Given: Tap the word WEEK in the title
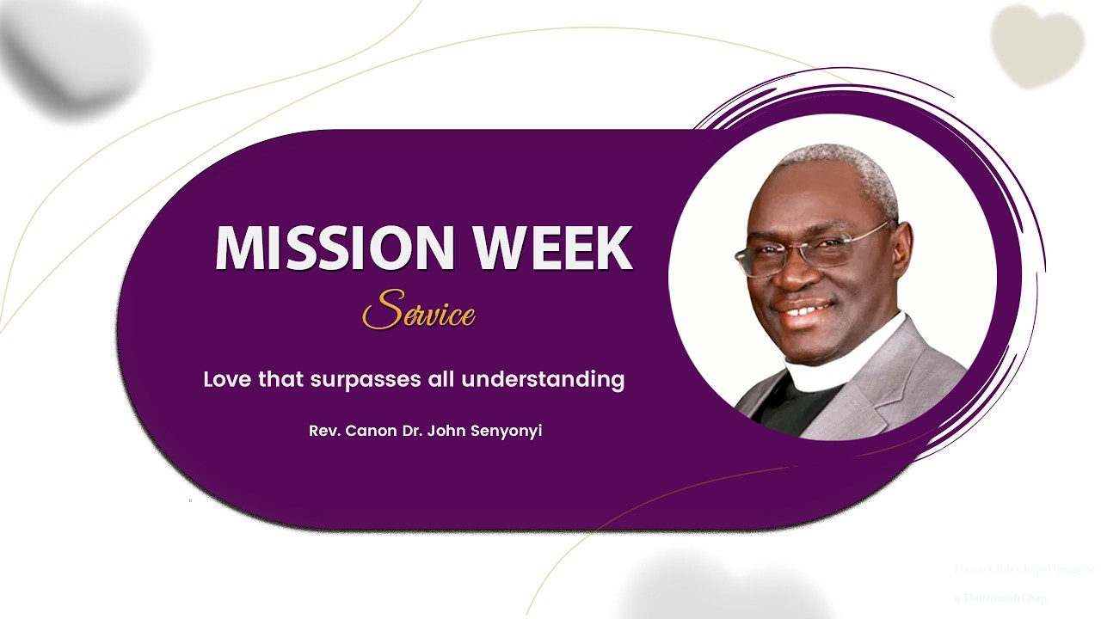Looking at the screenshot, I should [554, 248].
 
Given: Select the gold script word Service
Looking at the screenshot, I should [419, 311].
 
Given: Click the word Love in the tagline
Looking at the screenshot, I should [227, 379].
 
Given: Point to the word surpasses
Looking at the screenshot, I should [354, 380].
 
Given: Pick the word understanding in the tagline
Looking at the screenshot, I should [543, 379].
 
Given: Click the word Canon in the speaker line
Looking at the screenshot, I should [371, 431].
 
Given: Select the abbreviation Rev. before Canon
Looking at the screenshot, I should [324, 431].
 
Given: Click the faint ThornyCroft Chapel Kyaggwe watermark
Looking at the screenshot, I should [1024, 569].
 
